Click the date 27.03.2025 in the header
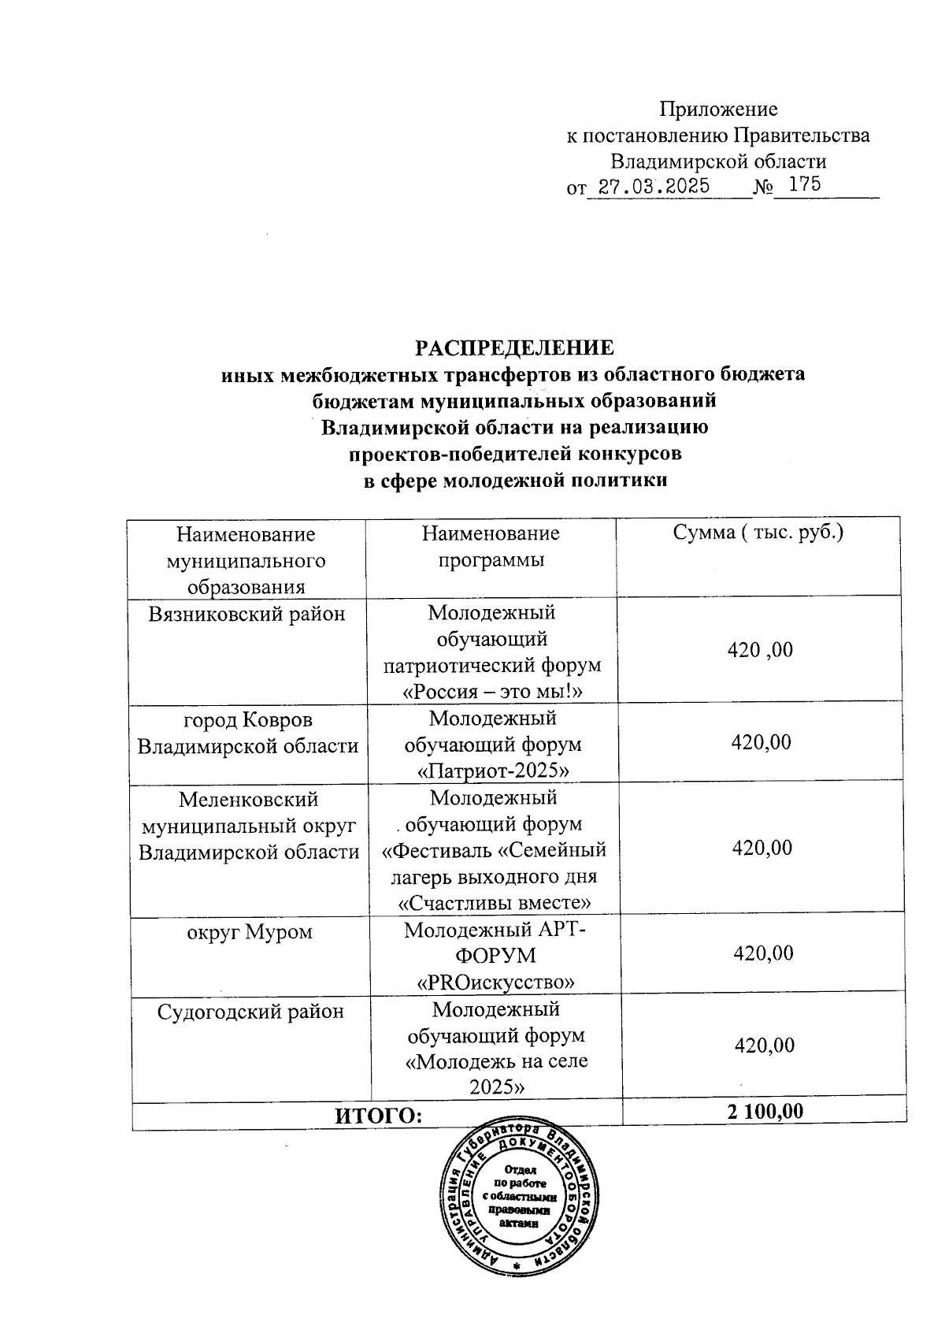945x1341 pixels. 654,187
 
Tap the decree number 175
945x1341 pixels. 805,185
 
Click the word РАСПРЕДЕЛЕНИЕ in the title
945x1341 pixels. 514,348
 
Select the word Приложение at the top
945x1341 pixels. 718,110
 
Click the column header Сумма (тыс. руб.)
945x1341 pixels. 758,533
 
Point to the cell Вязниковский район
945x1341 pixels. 247,614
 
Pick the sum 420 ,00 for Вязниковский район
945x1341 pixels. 760,650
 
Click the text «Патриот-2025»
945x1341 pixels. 493,770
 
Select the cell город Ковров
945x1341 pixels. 247,719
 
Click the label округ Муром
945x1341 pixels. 249,932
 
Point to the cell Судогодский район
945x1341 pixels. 250,1011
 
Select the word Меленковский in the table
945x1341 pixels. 249,799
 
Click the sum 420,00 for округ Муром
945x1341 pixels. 763,953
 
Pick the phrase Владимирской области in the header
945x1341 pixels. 719,162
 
